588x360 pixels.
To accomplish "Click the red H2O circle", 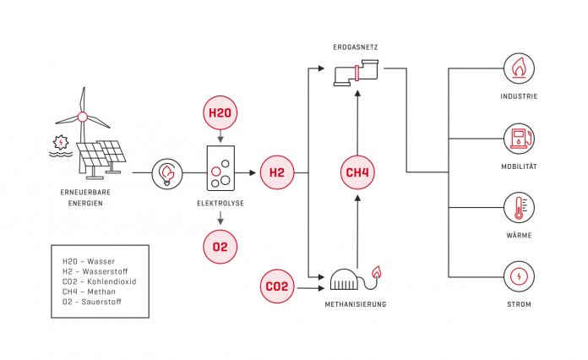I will coord(221,112).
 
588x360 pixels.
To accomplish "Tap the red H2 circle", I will coord(277,172).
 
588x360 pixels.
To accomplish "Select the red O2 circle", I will coord(220,247).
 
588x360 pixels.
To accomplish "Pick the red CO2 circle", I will coord(277,286).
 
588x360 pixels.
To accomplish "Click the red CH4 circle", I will coord(357,172).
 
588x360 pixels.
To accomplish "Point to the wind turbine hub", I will coord(83,117).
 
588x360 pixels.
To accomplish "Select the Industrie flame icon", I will coord(519,68).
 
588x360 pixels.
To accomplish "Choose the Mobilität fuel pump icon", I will coord(519,137).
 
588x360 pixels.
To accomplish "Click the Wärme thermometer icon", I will coord(519,207).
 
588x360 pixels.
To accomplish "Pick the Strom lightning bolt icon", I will coord(519,276).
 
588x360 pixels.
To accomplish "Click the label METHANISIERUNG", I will coord(356,303).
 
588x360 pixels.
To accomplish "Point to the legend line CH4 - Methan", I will coord(89,292).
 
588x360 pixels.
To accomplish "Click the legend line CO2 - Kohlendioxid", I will coord(100,281).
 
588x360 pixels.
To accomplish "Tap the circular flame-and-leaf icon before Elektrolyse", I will coord(167,173).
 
